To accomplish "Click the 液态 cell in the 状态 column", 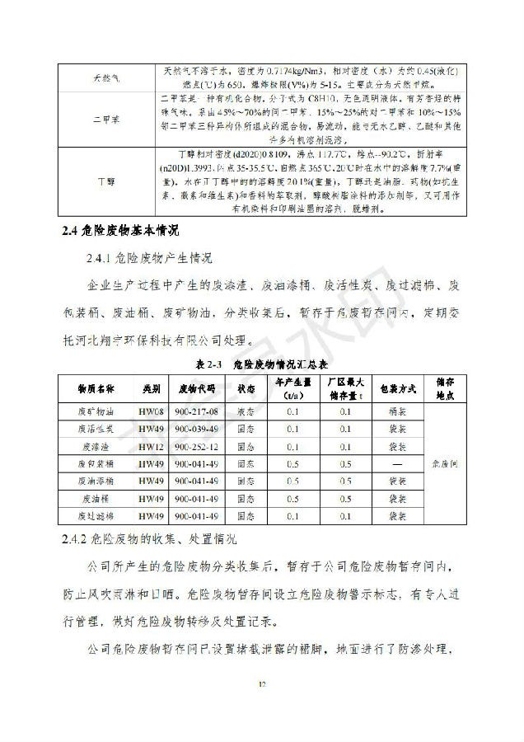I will tap(246, 411).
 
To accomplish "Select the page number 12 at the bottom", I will tap(262, 683).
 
